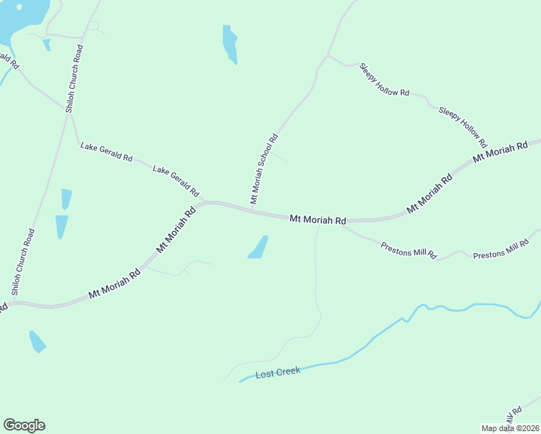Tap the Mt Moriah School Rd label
[264, 169]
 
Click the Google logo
[24, 425]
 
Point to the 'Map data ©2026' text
[510, 427]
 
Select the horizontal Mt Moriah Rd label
[318, 219]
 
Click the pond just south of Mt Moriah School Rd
[258, 247]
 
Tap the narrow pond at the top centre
[230, 44]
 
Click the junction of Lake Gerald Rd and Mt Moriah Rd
[205, 203]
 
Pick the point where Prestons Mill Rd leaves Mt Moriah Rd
[341, 226]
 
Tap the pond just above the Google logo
[36, 341]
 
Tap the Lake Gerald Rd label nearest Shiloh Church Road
[107, 152]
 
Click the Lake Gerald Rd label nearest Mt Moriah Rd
[176, 181]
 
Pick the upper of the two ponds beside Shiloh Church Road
[67, 199]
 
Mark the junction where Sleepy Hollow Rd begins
[328, 55]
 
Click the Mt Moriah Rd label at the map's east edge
[500, 152]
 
